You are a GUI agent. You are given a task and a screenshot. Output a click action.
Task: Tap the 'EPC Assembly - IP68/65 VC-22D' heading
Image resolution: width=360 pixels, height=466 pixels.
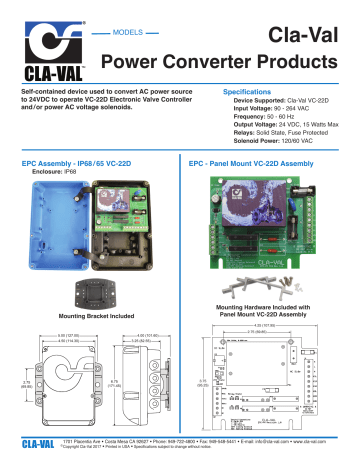[x=85, y=161]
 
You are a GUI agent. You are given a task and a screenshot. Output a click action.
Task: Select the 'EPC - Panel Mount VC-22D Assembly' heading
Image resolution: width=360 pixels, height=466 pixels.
[x=256, y=161]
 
